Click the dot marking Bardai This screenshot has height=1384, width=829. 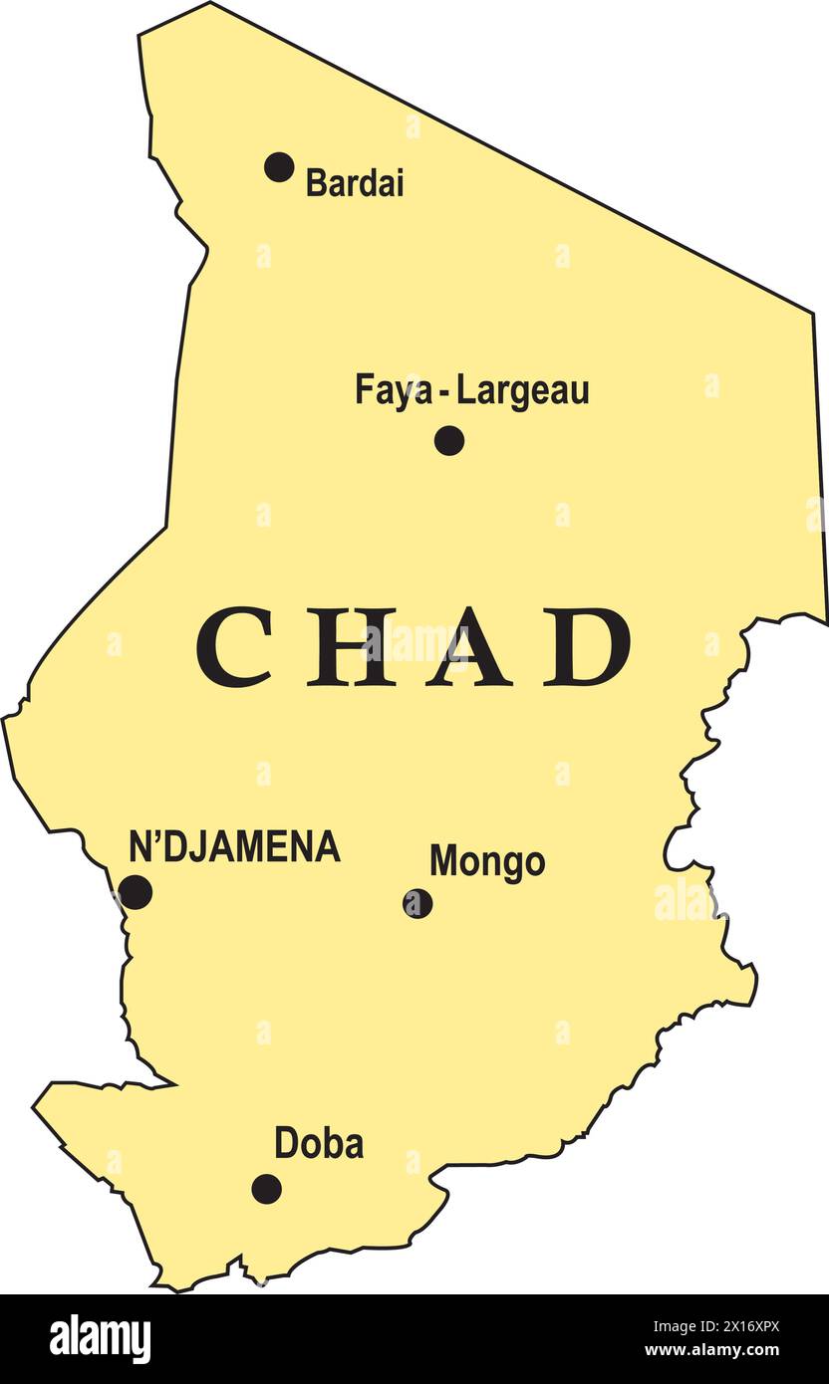pyautogui.click(x=279, y=167)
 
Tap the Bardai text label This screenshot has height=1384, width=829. pyautogui.click(x=355, y=183)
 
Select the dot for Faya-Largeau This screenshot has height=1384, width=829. pyautogui.click(x=449, y=440)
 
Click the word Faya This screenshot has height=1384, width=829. pyautogui.click(x=394, y=390)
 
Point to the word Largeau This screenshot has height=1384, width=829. pyautogui.click(x=523, y=390)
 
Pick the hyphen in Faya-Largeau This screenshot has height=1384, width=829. pyautogui.click(x=444, y=392)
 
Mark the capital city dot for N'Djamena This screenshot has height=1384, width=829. pyautogui.click(x=135, y=892)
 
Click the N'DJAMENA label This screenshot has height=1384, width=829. pyautogui.click(x=235, y=847)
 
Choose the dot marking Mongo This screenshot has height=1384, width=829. pyautogui.click(x=417, y=903)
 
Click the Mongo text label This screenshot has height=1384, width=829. pyautogui.click(x=487, y=862)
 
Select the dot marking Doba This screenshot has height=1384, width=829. pyautogui.click(x=266, y=1188)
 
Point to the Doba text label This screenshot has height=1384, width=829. pyautogui.click(x=319, y=1144)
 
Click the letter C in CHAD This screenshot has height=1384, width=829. pyautogui.click(x=235, y=647)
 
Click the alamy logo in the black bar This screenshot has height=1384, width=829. pyautogui.click(x=100, y=1339)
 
